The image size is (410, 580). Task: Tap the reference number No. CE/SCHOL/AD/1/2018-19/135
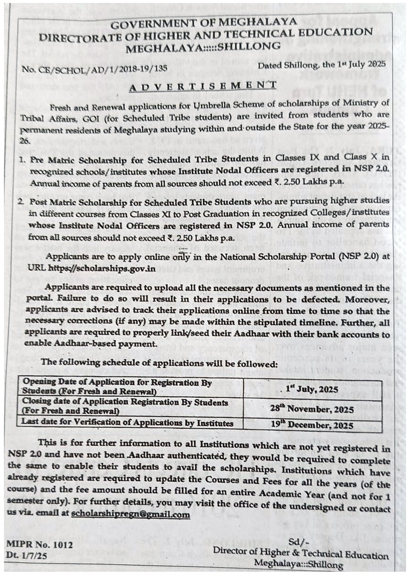click(94, 69)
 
